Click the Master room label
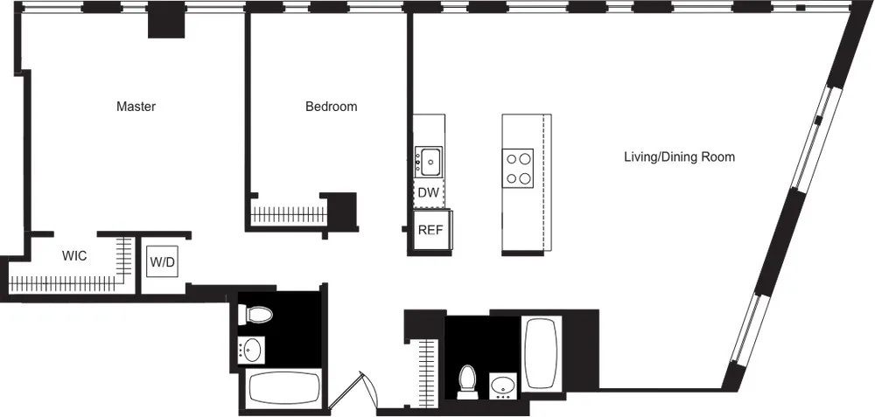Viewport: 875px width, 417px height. point(136,107)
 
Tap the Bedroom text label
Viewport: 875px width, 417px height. point(331,107)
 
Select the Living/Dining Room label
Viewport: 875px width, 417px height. point(678,157)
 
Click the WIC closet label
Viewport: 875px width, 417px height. point(73,257)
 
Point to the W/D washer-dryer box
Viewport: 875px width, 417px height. point(162,261)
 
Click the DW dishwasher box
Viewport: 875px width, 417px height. point(428,192)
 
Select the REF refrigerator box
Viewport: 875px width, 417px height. point(430,231)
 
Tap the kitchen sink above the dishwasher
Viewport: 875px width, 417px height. point(429,161)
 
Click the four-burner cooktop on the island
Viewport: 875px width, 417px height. point(517,168)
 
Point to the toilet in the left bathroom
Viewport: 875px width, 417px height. point(256,314)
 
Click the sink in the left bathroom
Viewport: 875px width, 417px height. point(252,350)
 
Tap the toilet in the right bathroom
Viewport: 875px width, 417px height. point(468,380)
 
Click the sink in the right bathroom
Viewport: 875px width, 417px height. point(503,384)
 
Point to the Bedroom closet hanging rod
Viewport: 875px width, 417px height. point(287,212)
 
